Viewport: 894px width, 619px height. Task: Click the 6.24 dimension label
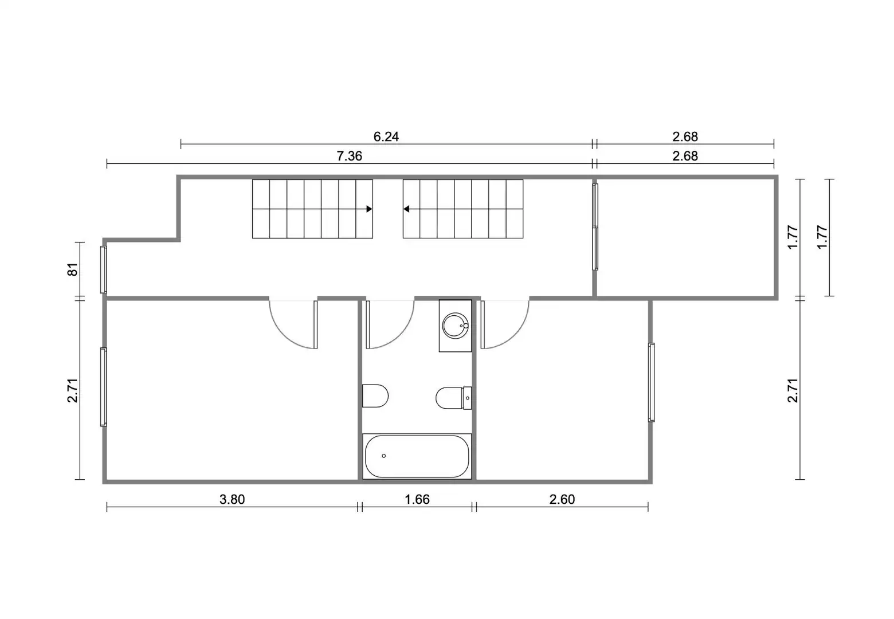pyautogui.click(x=386, y=137)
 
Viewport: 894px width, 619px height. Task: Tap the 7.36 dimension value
pyautogui.click(x=349, y=156)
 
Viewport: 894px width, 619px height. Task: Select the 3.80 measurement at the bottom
pyautogui.click(x=232, y=499)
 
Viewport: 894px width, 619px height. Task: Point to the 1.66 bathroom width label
pyautogui.click(x=417, y=499)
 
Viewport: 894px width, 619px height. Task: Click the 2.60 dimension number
pyautogui.click(x=562, y=499)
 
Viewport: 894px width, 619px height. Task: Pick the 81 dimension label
pyautogui.click(x=73, y=269)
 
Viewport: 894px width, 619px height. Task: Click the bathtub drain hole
pyautogui.click(x=384, y=456)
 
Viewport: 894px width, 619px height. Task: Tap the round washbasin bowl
pyautogui.click(x=456, y=326)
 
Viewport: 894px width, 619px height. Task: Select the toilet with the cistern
pyautogui.click(x=454, y=398)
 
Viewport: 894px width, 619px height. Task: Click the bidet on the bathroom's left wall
pyautogui.click(x=375, y=396)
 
